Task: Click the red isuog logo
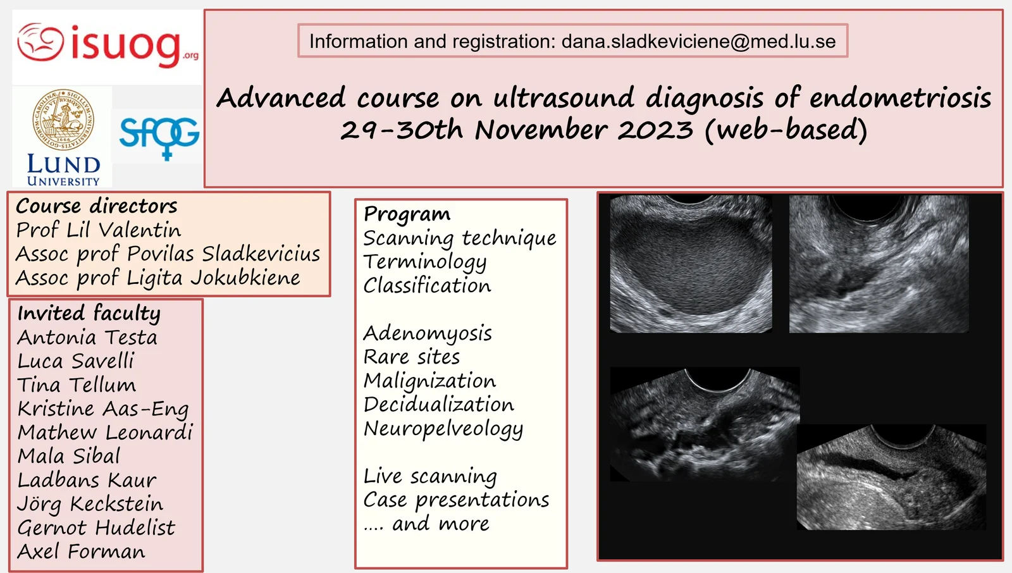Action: pyautogui.click(x=108, y=46)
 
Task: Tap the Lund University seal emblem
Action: pyautogui.click(x=63, y=120)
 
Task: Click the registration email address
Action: pyautogui.click(x=698, y=41)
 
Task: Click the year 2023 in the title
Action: pyautogui.click(x=655, y=130)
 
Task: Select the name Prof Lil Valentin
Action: pyautogui.click(x=99, y=230)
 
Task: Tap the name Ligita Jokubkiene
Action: pyautogui.click(x=213, y=278)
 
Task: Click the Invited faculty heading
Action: pyautogui.click(x=89, y=313)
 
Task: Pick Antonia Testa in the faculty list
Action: pyautogui.click(x=87, y=337)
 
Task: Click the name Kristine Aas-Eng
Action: pyautogui.click(x=103, y=409)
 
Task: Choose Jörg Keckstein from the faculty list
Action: pyautogui.click(x=90, y=503)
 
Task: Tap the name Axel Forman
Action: pyautogui.click(x=82, y=551)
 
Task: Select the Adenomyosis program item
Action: pyautogui.click(x=428, y=333)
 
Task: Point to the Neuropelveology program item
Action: pyautogui.click(x=443, y=429)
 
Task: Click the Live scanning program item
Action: pyautogui.click(x=430, y=476)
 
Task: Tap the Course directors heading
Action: pyautogui.click(x=96, y=206)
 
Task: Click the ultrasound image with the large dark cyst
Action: pyautogui.click(x=691, y=264)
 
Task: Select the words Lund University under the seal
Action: pyautogui.click(x=63, y=170)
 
